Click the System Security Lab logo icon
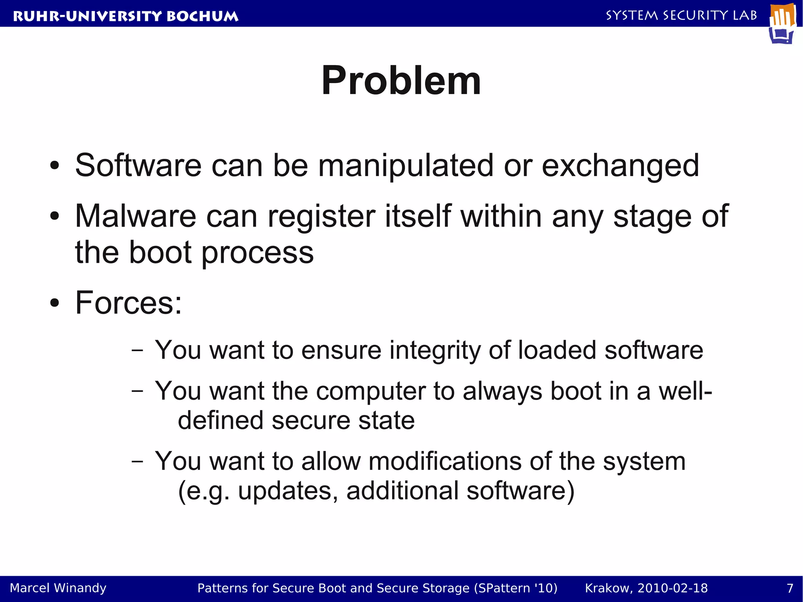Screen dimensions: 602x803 pos(783,24)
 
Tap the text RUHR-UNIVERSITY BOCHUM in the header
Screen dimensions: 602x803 pos(125,16)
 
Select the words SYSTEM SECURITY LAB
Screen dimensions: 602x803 pos(681,16)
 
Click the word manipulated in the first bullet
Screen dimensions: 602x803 pos(405,166)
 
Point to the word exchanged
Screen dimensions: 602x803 pos(620,166)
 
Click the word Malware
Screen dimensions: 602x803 pos(135,216)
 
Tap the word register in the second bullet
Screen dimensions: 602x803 pos(321,216)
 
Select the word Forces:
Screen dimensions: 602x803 pos(129,303)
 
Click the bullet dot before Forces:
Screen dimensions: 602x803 pos(55,303)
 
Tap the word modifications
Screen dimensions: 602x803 pos(445,461)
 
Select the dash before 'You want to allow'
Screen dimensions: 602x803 pos(137,461)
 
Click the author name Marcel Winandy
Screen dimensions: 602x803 pos(58,588)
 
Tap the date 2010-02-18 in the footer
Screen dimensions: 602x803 pos(672,588)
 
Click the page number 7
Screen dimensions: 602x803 pos(790,588)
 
